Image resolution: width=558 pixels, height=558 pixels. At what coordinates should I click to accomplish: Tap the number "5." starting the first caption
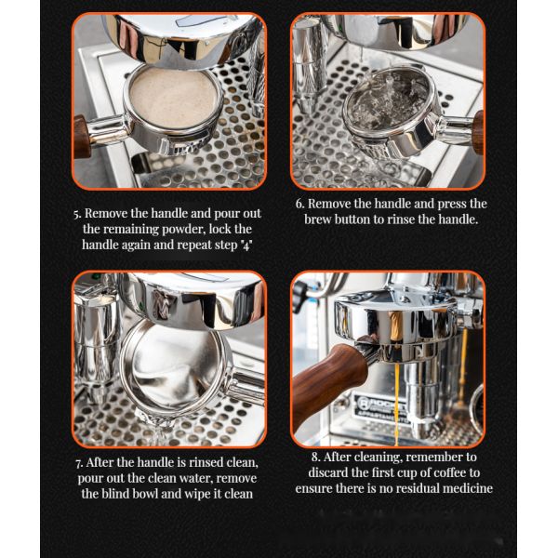pyautogui.click(x=77, y=214)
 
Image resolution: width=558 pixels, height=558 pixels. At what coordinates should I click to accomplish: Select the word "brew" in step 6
pyautogui.click(x=317, y=219)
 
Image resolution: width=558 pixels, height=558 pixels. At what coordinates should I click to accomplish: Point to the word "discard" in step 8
pyautogui.click(x=328, y=472)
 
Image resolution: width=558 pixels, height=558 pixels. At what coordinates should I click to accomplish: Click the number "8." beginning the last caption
pyautogui.click(x=315, y=457)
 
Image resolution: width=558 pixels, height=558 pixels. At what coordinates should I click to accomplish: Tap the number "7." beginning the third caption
pyautogui.click(x=79, y=463)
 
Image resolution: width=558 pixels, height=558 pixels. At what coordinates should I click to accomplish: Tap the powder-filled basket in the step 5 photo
pyautogui.click(x=173, y=96)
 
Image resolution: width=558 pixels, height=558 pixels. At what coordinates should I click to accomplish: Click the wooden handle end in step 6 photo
pyautogui.click(x=478, y=132)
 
